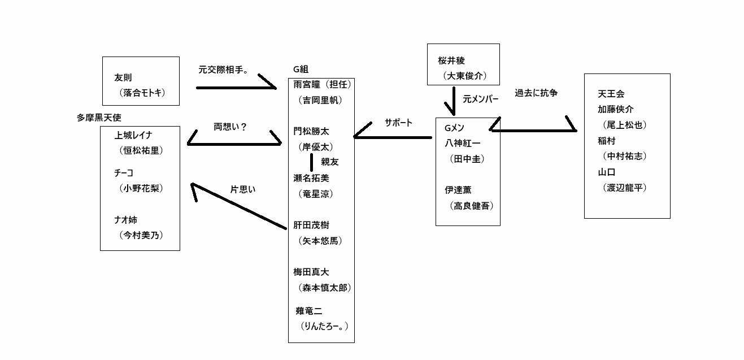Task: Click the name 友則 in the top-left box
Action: point(123,78)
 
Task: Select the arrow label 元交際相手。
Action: point(224,71)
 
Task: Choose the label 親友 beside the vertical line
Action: point(329,162)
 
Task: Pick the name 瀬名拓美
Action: point(311,177)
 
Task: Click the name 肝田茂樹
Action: point(311,225)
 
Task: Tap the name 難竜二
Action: point(308,311)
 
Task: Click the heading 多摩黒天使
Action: point(99,118)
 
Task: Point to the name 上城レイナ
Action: point(133,135)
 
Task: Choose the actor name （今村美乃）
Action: point(141,235)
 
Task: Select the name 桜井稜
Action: point(451,60)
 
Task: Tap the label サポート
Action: point(398,123)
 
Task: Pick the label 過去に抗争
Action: point(536,93)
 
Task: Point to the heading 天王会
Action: point(611,93)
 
